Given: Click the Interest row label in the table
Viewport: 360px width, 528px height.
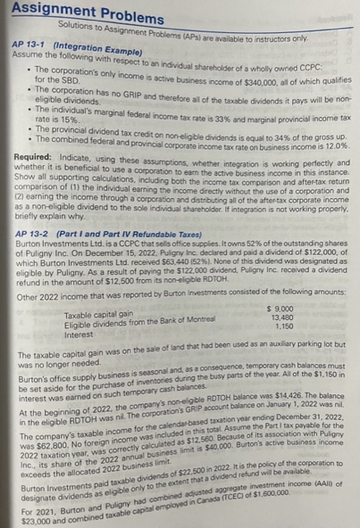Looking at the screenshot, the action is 78,333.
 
